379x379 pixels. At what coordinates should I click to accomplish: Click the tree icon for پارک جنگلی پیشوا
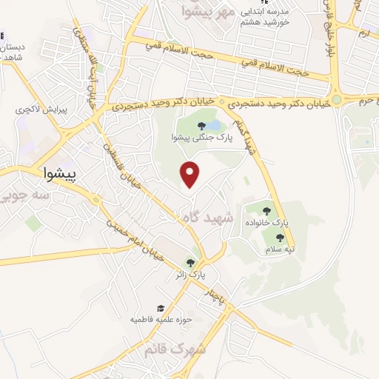(x=201, y=126)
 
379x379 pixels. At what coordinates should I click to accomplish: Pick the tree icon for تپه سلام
(x=279, y=238)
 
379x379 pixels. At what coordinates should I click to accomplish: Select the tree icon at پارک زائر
(x=190, y=263)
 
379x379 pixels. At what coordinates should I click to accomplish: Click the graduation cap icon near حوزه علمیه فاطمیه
(x=160, y=308)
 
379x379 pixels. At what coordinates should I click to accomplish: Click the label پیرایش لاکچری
(x=42, y=109)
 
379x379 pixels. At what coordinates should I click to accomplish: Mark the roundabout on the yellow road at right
(x=337, y=99)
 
